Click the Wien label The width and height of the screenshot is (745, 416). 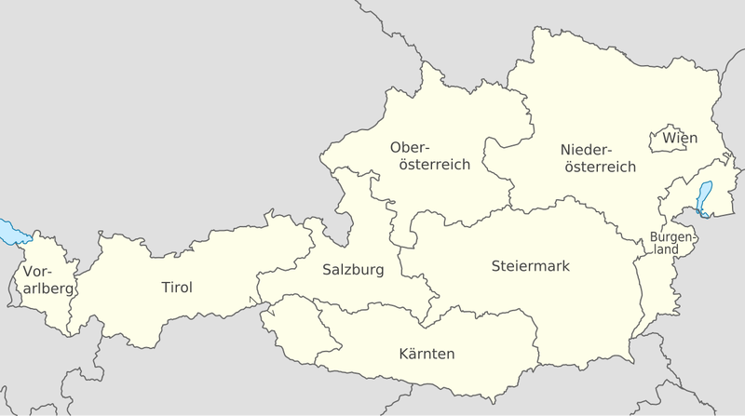(680, 139)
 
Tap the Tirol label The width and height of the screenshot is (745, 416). (176, 288)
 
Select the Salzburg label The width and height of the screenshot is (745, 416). (352, 271)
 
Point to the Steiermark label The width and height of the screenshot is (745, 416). (530, 266)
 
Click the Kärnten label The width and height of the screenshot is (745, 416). (426, 354)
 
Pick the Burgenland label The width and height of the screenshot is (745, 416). (671, 242)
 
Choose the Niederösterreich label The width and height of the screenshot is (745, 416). (599, 158)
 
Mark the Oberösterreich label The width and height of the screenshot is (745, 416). (429, 155)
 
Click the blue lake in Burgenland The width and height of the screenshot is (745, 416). (705, 198)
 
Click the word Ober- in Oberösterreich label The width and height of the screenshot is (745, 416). (411, 147)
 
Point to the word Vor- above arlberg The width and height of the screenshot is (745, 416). (40, 272)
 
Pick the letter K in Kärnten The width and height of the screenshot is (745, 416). (402, 354)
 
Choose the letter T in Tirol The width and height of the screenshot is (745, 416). (164, 288)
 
